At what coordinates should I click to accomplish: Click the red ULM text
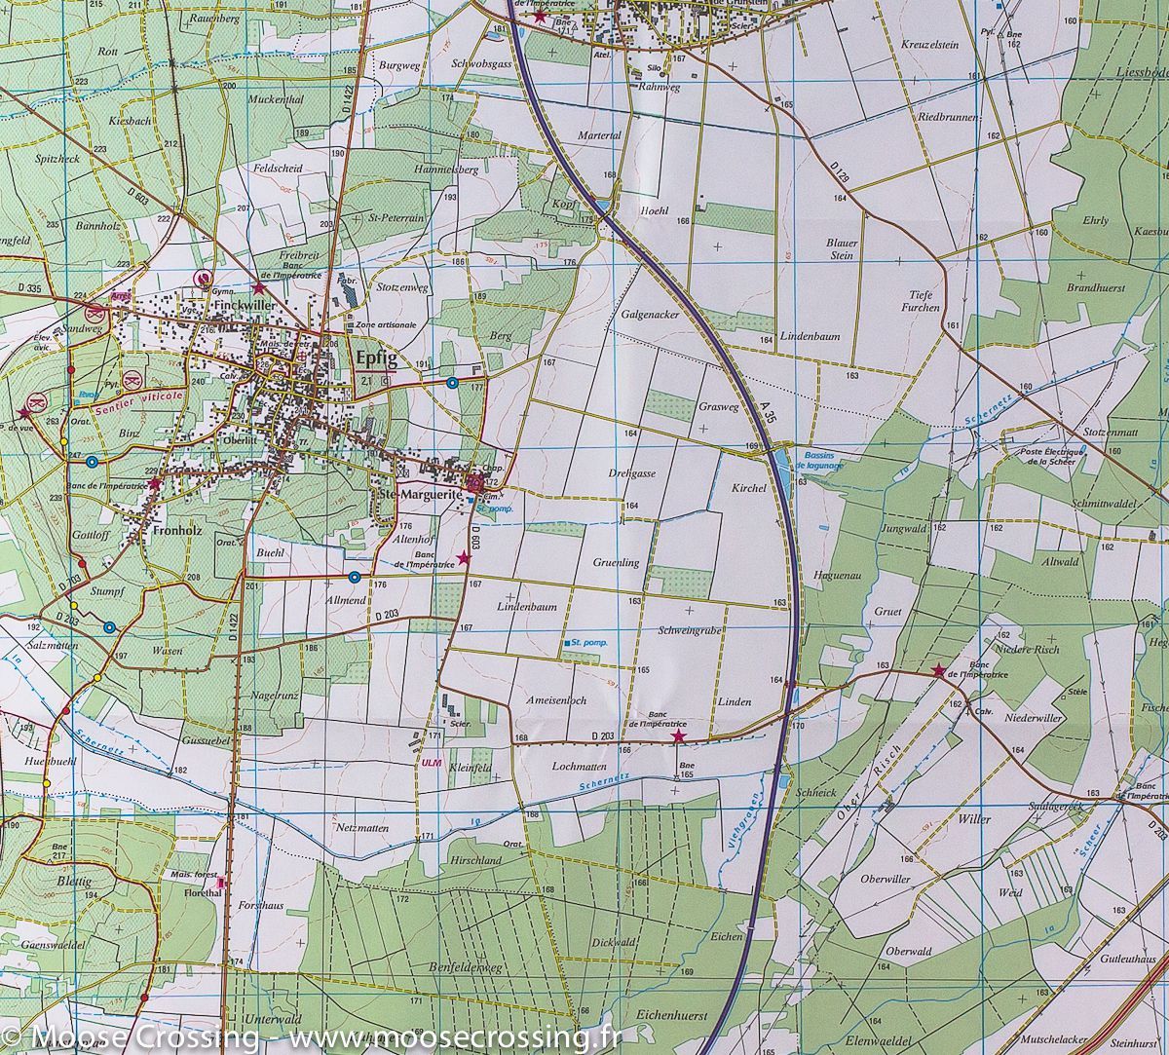pyautogui.click(x=431, y=763)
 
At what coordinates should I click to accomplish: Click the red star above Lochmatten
pyautogui.click(x=678, y=737)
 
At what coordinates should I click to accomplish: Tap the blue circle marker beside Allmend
pyautogui.click(x=354, y=578)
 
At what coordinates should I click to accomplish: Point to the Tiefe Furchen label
pyautogui.click(x=923, y=300)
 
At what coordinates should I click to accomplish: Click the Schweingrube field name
pyautogui.click(x=688, y=631)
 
